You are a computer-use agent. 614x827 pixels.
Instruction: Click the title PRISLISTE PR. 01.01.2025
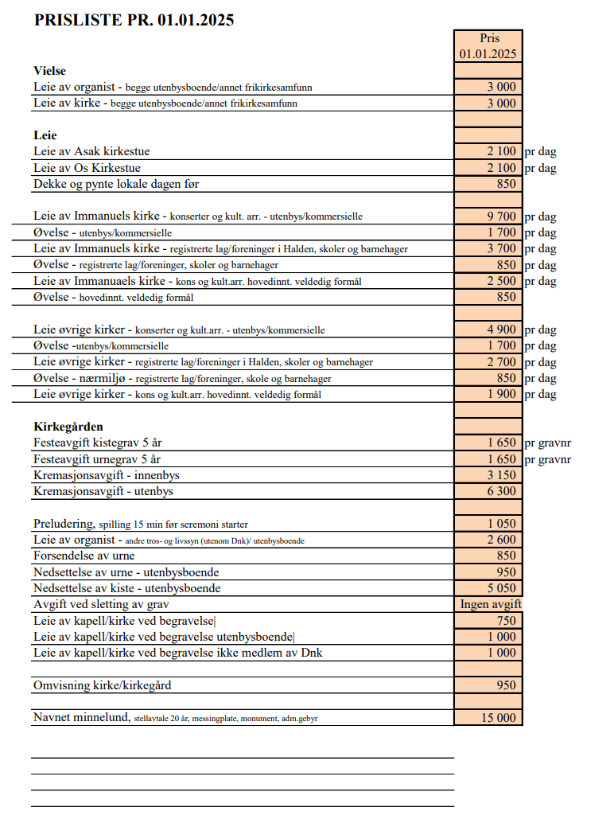pos(134,21)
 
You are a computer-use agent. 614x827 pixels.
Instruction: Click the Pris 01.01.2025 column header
pos(488,46)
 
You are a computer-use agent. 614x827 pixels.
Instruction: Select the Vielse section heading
pos(49,71)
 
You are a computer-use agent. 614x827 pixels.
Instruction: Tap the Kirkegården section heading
pos(68,427)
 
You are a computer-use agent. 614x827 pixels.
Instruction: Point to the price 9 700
pos(501,217)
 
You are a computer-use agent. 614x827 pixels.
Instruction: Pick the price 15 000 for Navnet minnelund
pos(498,718)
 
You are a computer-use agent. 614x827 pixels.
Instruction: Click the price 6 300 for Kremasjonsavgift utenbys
pos(501,492)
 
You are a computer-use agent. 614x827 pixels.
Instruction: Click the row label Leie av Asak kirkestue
pos(91,151)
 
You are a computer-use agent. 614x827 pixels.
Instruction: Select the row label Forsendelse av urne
pos(84,556)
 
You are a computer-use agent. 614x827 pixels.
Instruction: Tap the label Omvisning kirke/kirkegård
pos(102,685)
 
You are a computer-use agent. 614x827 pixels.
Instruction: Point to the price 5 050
pos(501,588)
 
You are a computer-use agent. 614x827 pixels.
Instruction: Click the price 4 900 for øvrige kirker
pos(501,330)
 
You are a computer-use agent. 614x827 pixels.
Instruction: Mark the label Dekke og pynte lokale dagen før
pos(116,184)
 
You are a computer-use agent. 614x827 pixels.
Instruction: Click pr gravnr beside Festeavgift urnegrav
pos(548,459)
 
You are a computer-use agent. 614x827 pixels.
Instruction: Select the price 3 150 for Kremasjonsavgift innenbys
pos(501,475)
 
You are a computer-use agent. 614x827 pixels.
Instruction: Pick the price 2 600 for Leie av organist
pos(501,540)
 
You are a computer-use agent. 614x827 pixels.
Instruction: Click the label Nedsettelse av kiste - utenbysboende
pos(126,588)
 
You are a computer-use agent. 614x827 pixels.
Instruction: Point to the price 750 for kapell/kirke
pos(506,621)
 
